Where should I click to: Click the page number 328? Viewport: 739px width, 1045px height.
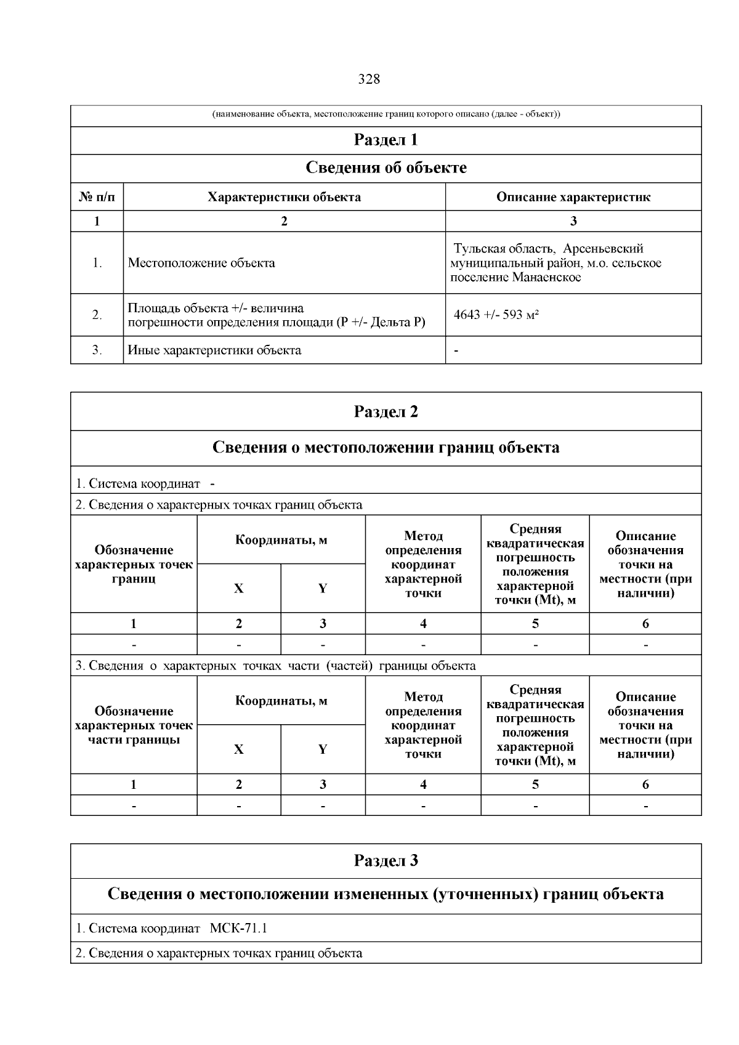[x=369, y=79]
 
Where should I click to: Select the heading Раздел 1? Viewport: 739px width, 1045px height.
[x=386, y=140]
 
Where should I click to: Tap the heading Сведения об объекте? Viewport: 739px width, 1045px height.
[x=386, y=168]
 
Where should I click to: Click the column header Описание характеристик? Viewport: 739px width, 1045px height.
[x=573, y=197]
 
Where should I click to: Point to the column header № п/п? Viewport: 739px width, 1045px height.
[x=97, y=197]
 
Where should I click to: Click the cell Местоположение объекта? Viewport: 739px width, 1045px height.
[x=201, y=263]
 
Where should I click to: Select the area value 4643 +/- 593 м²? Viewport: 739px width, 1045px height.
[x=496, y=315]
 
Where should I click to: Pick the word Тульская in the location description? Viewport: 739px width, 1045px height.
[x=477, y=249]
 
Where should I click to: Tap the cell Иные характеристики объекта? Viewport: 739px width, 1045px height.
[x=214, y=350]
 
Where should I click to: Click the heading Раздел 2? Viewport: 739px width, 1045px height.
[x=386, y=412]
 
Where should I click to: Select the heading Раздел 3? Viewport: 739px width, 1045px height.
[x=386, y=861]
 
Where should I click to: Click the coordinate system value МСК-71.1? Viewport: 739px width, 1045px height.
[x=239, y=928]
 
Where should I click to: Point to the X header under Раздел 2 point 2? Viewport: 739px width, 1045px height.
[x=238, y=588]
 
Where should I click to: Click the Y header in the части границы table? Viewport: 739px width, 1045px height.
[x=323, y=749]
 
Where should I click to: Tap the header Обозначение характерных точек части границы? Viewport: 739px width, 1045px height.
[x=134, y=725]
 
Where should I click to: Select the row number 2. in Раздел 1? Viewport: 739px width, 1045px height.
[x=97, y=315]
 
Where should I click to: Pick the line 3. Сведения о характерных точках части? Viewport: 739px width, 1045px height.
[x=275, y=666]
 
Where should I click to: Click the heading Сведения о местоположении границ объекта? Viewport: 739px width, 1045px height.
[x=386, y=448]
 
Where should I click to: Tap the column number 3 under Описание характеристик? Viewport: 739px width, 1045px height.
[x=573, y=222]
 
